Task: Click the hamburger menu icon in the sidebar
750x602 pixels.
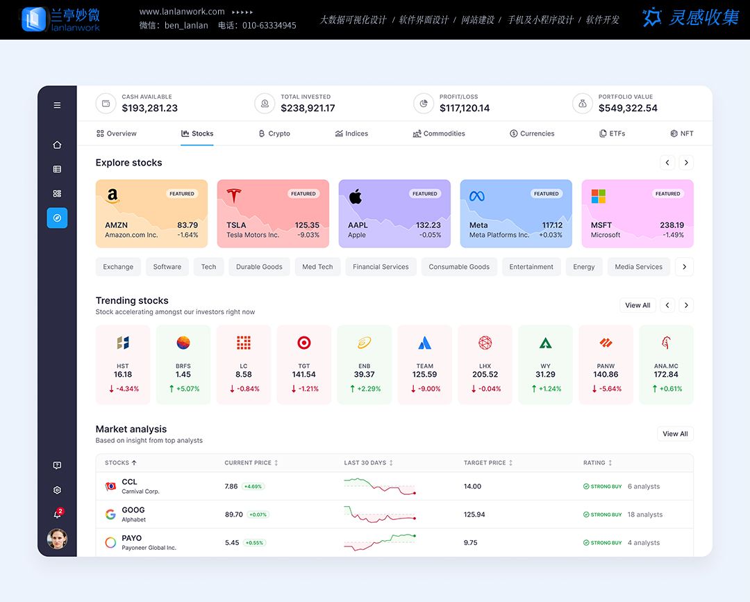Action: [x=57, y=106]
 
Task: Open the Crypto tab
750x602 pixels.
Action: [x=274, y=133]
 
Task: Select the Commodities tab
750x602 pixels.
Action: [x=439, y=133]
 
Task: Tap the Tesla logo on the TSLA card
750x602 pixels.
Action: [x=234, y=195]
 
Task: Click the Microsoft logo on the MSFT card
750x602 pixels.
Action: [x=599, y=196]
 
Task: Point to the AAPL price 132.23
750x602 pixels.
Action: [x=428, y=225]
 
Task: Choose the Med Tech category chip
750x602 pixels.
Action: [x=317, y=267]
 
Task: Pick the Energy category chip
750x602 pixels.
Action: [x=583, y=267]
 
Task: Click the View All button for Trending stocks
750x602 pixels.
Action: [x=637, y=305]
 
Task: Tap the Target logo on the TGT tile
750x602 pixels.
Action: [x=304, y=343]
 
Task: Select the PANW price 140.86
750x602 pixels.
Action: [x=606, y=375]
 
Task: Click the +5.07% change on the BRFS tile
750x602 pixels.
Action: [x=183, y=389]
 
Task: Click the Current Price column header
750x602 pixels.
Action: [x=248, y=463]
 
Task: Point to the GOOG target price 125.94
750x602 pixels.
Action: [x=474, y=514]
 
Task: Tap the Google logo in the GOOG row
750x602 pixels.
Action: [x=110, y=514]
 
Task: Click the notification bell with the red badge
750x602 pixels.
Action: [x=58, y=514]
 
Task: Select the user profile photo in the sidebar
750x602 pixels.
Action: [x=57, y=539]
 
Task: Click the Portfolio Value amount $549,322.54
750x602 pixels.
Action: [x=628, y=108]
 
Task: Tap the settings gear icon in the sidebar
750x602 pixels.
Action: [x=57, y=490]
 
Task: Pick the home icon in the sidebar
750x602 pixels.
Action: [x=57, y=145]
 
